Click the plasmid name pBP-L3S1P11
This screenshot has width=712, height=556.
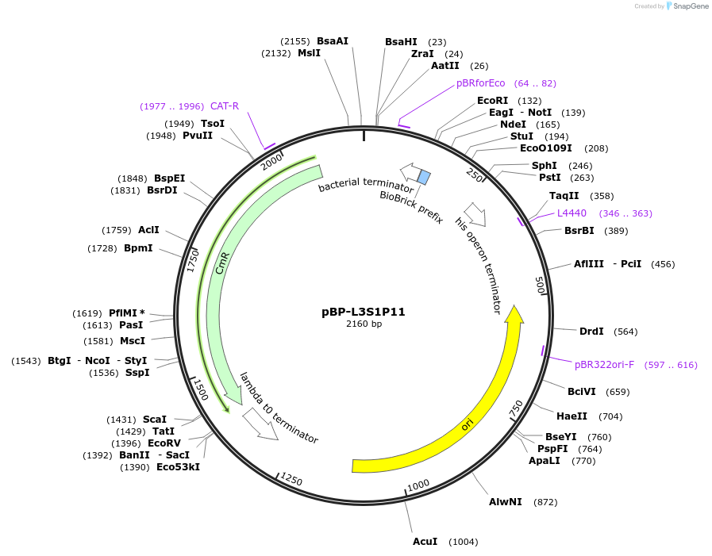pyautogui.click(x=364, y=312)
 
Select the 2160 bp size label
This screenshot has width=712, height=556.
pyautogui.click(x=364, y=324)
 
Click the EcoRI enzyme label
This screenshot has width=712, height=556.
pyautogui.click(x=492, y=101)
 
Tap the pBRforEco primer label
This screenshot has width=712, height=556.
pyautogui.click(x=480, y=83)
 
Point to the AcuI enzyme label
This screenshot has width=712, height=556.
pyautogui.click(x=425, y=542)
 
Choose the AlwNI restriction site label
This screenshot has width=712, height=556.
pyautogui.click(x=505, y=502)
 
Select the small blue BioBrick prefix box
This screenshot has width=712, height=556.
pyautogui.click(x=424, y=177)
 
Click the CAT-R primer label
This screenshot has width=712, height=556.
pyautogui.click(x=225, y=106)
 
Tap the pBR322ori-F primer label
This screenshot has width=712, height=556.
pyautogui.click(x=604, y=365)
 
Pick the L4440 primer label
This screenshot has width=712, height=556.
pyautogui.click(x=572, y=213)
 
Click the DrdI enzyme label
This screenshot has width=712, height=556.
pyautogui.click(x=591, y=332)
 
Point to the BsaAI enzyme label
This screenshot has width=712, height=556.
pyautogui.click(x=333, y=41)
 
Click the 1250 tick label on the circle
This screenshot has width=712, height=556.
pyautogui.click(x=291, y=480)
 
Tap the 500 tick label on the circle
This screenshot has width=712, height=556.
pyautogui.click(x=541, y=285)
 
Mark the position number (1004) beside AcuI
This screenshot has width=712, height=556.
pyautogui.click(x=463, y=542)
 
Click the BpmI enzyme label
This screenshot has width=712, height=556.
pyautogui.click(x=138, y=248)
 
